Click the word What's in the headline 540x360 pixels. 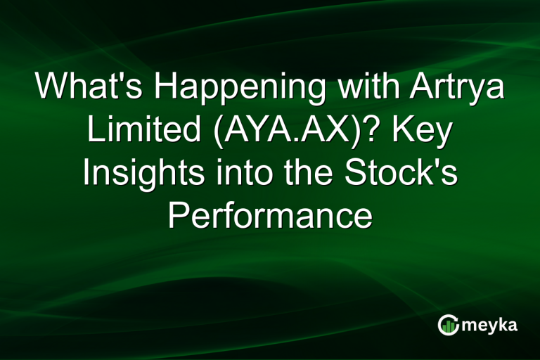[89, 88]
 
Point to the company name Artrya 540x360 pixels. [453, 88]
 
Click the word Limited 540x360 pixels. [131, 131]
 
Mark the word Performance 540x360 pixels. [270, 217]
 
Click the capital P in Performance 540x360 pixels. [177, 217]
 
